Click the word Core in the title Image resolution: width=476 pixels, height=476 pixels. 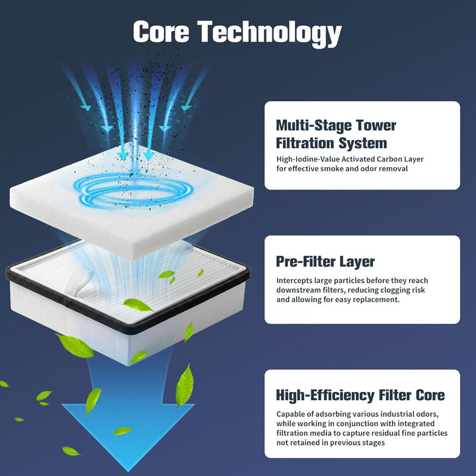pos(161,31)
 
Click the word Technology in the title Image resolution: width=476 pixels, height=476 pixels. pos(270,34)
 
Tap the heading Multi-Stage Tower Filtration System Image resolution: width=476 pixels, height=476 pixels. pos(336,134)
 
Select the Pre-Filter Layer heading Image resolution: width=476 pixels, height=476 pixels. pos(325,262)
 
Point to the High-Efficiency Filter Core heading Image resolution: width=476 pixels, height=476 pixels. pos(360,395)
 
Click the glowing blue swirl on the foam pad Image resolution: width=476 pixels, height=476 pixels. pos(134,190)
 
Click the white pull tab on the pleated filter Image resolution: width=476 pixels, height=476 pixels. pos(79,284)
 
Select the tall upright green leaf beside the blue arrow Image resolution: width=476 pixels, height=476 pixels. pos(185,385)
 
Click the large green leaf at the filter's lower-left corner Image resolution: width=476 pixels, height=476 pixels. pos(76,346)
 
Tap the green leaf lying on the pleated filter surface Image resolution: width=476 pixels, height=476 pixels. pos(138,305)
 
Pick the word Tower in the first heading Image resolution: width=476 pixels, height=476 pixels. pos(376,126)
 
